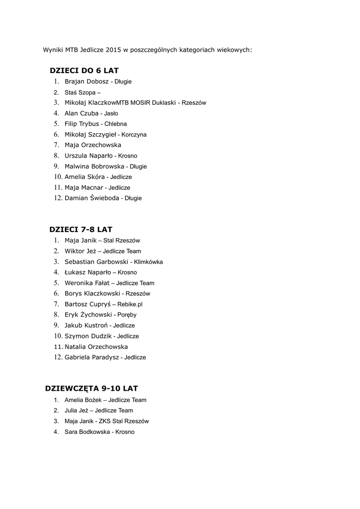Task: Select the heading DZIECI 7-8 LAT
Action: click(81, 230)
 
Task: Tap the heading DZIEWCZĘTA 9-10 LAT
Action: click(91, 388)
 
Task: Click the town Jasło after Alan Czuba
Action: click(111, 113)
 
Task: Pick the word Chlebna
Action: click(116, 124)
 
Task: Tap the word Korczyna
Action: click(134, 135)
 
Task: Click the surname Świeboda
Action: click(104, 198)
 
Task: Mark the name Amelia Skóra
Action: click(85, 177)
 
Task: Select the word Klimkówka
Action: click(149, 262)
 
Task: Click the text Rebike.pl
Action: click(130, 304)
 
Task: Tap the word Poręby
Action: click(127, 315)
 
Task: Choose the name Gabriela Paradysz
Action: click(91, 357)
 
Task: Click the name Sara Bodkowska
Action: click(87, 432)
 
